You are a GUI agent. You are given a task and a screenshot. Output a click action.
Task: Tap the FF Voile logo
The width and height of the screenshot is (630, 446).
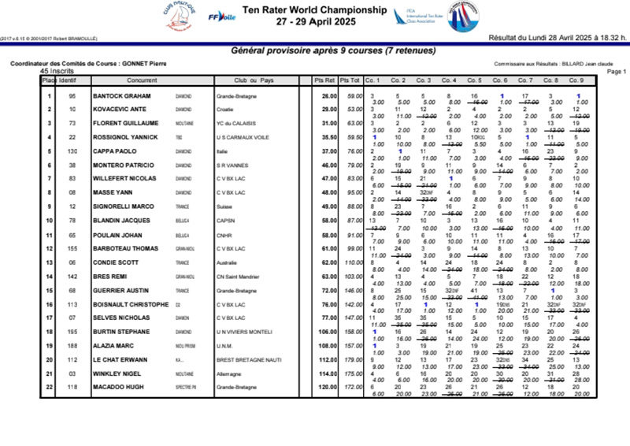221,16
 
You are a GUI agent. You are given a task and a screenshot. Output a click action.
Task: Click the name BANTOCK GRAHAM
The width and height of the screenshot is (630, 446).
122,96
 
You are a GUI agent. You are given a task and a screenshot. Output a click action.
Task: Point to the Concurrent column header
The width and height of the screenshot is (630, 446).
142,80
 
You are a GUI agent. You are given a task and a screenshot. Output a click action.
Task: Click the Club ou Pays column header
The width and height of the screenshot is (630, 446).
254,80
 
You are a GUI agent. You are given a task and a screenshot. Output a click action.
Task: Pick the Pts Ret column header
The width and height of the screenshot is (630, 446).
324,80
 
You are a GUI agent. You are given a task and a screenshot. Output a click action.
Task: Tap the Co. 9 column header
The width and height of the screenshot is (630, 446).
576,80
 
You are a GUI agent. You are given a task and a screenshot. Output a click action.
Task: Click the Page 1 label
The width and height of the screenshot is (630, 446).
617,71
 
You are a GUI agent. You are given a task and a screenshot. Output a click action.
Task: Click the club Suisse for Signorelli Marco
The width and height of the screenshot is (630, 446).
224,207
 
